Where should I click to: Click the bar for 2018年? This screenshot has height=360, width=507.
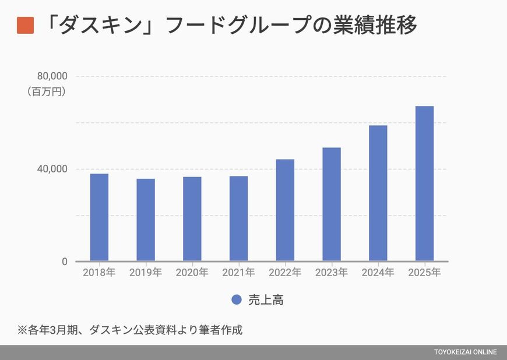pyautogui.click(x=99, y=217)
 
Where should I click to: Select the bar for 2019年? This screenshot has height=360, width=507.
pyautogui.click(x=146, y=220)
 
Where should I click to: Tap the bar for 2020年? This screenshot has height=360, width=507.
pyautogui.click(x=192, y=219)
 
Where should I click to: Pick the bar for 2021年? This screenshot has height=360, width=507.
pyautogui.click(x=238, y=218)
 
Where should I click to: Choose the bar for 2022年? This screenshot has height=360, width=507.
pyautogui.click(x=285, y=210)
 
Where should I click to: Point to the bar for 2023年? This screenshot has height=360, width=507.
pyautogui.click(x=332, y=204)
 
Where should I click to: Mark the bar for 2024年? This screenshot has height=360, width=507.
pyautogui.click(x=378, y=193)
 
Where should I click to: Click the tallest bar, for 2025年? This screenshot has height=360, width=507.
pyautogui.click(x=424, y=183)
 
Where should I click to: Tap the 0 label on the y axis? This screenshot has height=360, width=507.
pyautogui.click(x=64, y=262)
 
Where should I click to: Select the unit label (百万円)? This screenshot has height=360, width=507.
pyautogui.click(x=46, y=91)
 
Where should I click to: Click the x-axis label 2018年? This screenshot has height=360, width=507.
pyautogui.click(x=99, y=273)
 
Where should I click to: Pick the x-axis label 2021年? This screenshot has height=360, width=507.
pyautogui.click(x=238, y=273)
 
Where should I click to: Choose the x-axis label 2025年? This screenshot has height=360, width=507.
pyautogui.click(x=424, y=273)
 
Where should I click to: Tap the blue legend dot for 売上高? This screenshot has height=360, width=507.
pyautogui.click(x=236, y=300)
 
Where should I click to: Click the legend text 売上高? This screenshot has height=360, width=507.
pyautogui.click(x=266, y=300)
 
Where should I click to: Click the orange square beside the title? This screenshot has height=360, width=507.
pyautogui.click(x=26, y=26)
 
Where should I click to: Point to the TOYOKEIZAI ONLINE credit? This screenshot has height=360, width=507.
pyautogui.click(x=465, y=352)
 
